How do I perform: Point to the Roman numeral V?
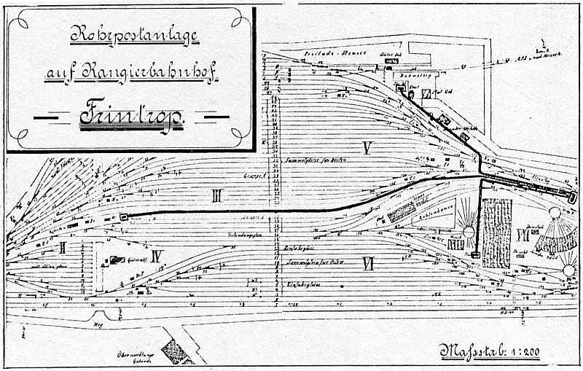click(x=367, y=149)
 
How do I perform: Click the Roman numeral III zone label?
click(x=216, y=195)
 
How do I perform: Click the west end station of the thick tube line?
click(x=123, y=216)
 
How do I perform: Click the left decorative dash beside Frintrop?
click(x=50, y=117)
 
